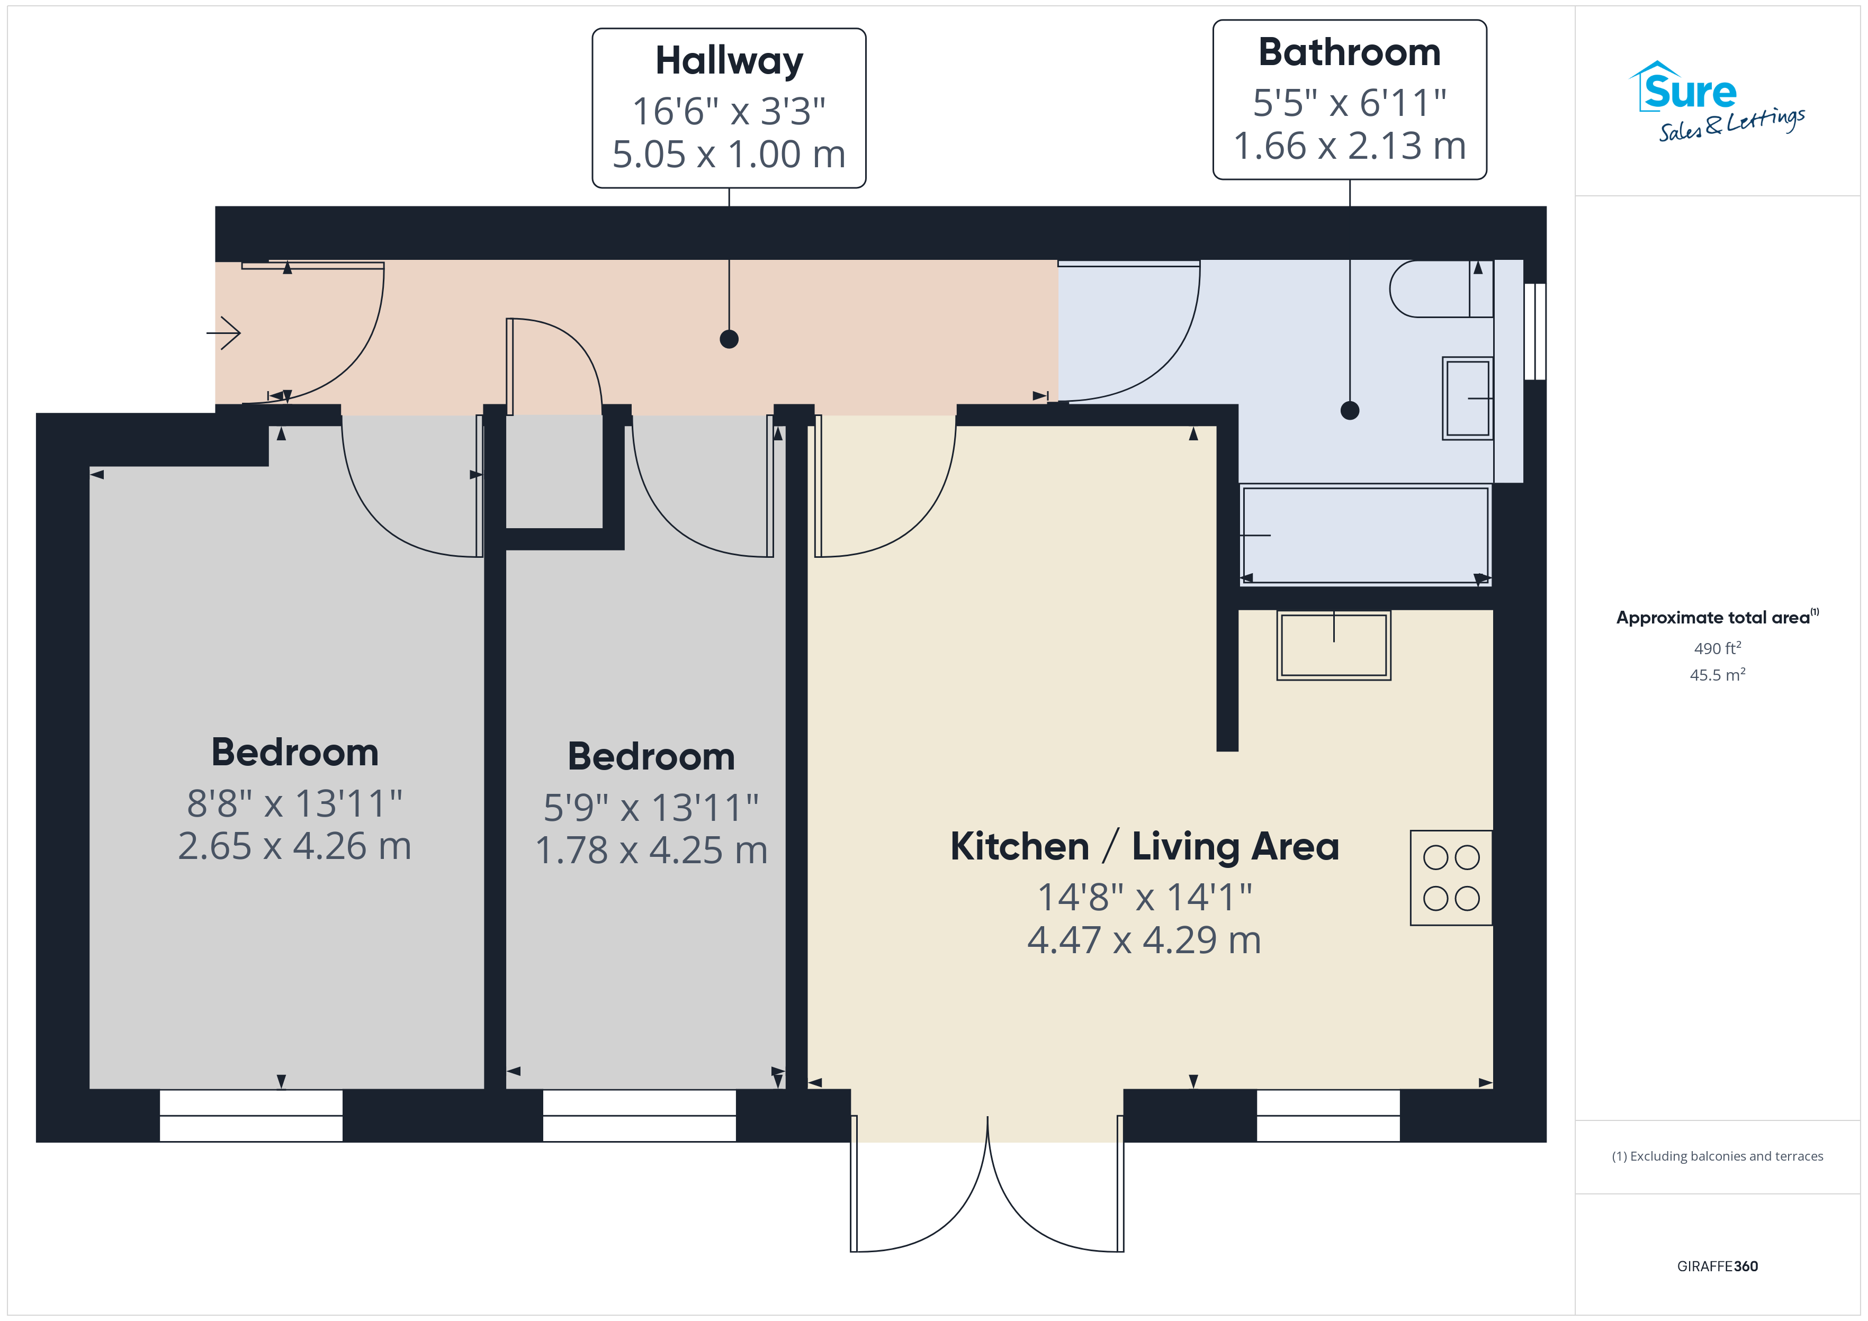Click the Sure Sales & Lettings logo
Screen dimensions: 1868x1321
1717,102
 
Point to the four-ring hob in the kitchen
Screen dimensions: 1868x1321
1451,877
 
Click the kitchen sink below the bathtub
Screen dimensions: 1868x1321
1333,645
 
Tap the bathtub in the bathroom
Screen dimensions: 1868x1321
1365,535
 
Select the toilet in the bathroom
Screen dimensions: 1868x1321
1441,289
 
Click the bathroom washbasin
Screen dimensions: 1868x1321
1467,399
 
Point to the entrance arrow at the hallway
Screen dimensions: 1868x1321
224,333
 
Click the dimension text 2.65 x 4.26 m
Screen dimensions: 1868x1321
294,846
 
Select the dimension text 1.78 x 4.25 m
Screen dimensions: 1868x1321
651,850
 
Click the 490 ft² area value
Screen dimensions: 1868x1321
1718,648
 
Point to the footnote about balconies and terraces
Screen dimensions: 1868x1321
1718,1156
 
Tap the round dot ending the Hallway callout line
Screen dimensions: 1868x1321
729,339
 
